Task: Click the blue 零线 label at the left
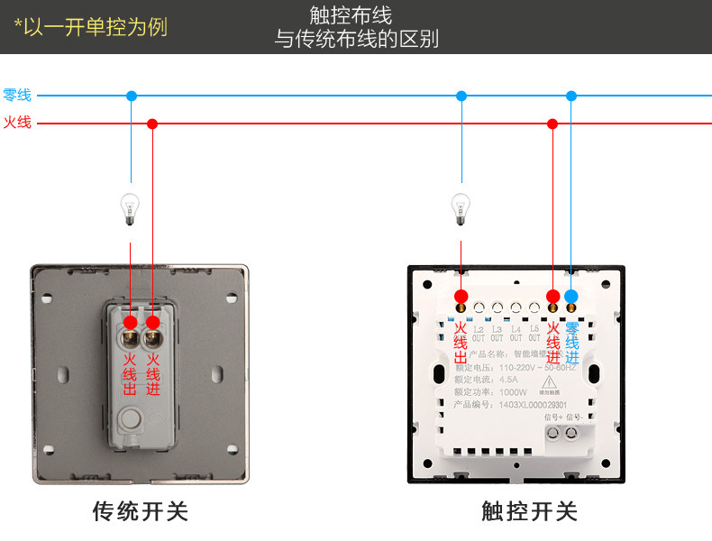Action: coord(17,96)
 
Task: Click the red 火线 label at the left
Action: coord(17,123)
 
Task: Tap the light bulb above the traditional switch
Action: coord(130,208)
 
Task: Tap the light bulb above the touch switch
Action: coord(461,208)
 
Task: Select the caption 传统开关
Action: coord(141,512)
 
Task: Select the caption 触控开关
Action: coord(529,512)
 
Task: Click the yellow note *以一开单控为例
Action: coord(91,26)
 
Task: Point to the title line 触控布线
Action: coord(357,15)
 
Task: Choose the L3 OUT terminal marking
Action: coord(497,334)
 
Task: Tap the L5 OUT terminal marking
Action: coord(534,334)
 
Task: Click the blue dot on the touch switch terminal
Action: coord(571,296)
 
